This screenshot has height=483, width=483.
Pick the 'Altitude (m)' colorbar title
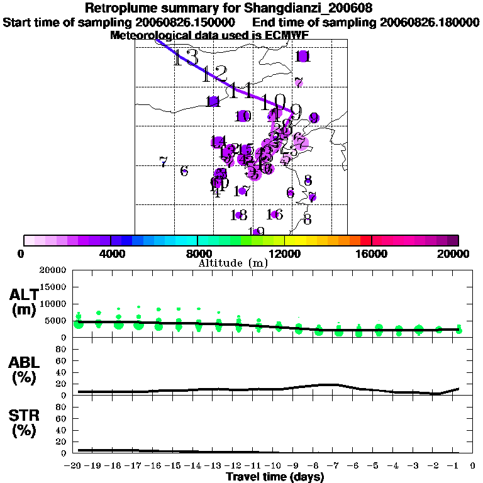[233, 263]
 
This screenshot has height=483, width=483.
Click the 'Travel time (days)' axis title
[275, 477]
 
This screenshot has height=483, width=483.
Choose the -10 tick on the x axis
[275, 466]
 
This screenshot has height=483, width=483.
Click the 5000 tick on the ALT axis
[56, 321]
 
